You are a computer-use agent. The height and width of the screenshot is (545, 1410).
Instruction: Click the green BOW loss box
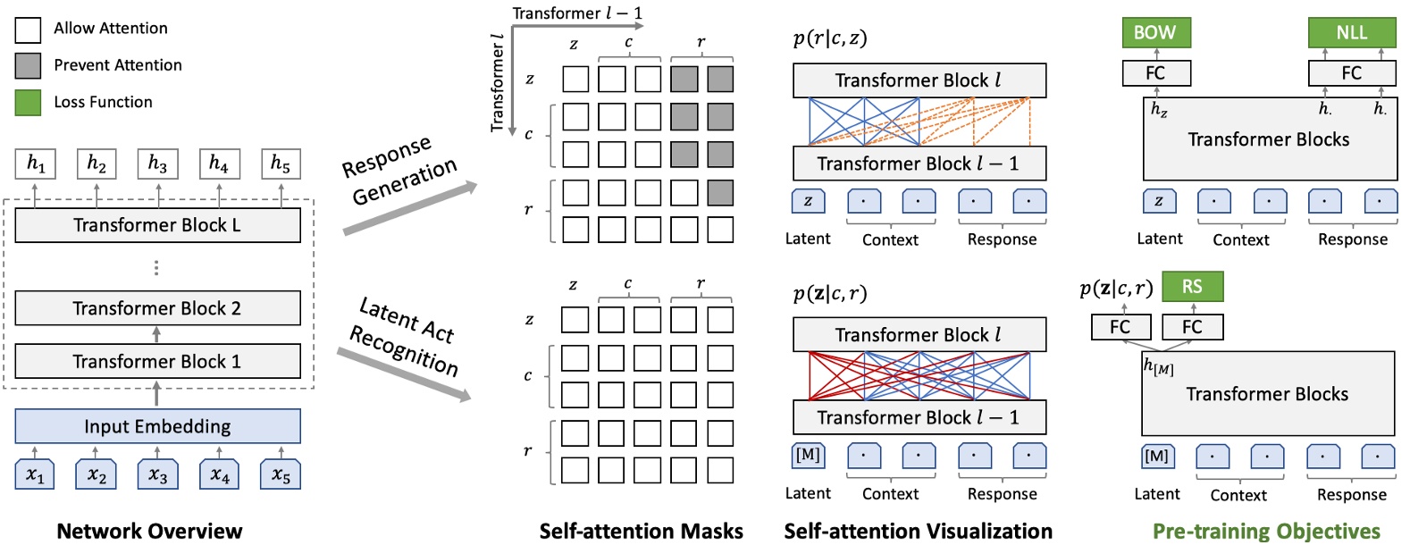tap(1155, 33)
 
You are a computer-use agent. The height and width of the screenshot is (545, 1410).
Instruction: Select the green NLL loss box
tap(1351, 33)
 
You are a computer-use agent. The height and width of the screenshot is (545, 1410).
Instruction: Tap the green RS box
tap(1192, 287)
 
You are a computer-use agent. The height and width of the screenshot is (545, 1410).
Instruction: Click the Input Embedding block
tap(157, 426)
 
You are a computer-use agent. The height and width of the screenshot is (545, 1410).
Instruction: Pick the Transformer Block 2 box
tap(157, 308)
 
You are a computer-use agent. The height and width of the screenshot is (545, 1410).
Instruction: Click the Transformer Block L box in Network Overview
tap(157, 225)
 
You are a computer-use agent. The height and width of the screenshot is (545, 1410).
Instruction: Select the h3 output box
tap(157, 163)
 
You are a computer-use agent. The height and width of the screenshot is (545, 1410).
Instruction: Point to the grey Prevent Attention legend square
tap(28, 65)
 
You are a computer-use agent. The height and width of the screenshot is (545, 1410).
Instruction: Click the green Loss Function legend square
tap(28, 102)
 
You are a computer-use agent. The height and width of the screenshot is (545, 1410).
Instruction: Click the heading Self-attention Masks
tap(641, 531)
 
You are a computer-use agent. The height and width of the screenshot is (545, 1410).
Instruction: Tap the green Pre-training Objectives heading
tap(1266, 531)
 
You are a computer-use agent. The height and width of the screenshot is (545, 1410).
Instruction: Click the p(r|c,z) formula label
tap(829, 38)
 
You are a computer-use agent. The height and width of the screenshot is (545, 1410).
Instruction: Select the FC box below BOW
tap(1155, 73)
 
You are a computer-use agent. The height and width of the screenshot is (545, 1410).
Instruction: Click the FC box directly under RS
tap(1192, 327)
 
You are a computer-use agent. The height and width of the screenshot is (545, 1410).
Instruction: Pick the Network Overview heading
tap(149, 531)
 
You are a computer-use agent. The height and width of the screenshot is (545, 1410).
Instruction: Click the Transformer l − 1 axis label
tap(577, 13)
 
